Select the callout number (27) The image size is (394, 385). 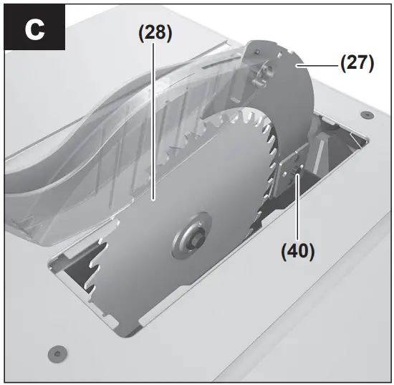(x=356, y=63)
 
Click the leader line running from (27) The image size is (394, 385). (x=322, y=65)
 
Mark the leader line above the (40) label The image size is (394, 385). (x=297, y=215)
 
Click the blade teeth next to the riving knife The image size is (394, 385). (x=269, y=151)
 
